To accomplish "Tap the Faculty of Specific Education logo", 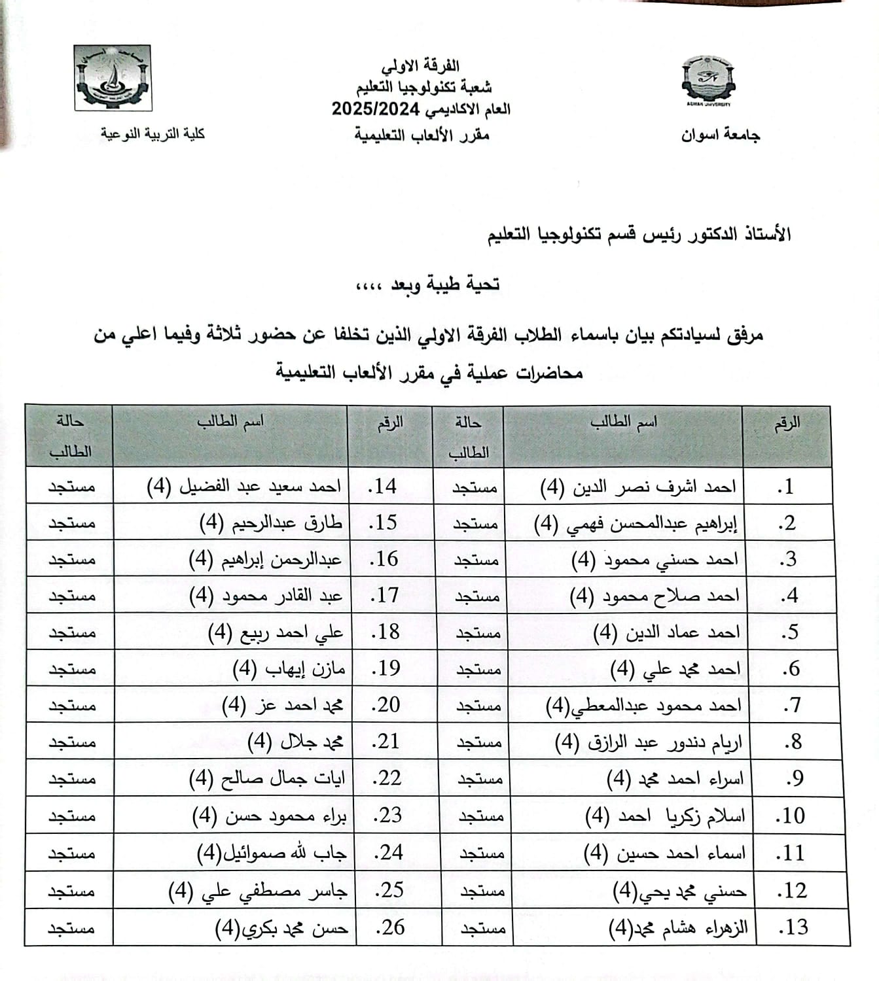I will point(113,77).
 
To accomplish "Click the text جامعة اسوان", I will point(720,135).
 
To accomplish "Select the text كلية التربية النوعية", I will point(152,134).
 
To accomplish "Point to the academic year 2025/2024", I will point(374,109).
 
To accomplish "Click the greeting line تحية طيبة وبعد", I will point(427,284).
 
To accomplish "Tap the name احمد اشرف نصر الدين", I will point(638,487).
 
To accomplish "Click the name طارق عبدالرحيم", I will point(270,523).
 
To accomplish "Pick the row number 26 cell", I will point(390,927).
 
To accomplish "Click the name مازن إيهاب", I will point(289,668).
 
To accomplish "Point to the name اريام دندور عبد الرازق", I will point(648,742).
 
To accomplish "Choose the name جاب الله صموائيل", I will point(272,853).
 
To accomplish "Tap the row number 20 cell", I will point(386,705).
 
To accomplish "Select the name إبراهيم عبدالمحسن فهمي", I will point(636,523).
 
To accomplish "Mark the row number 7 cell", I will point(792,705).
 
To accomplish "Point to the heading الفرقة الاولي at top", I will point(420,66).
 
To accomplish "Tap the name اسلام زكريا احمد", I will point(665,816).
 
